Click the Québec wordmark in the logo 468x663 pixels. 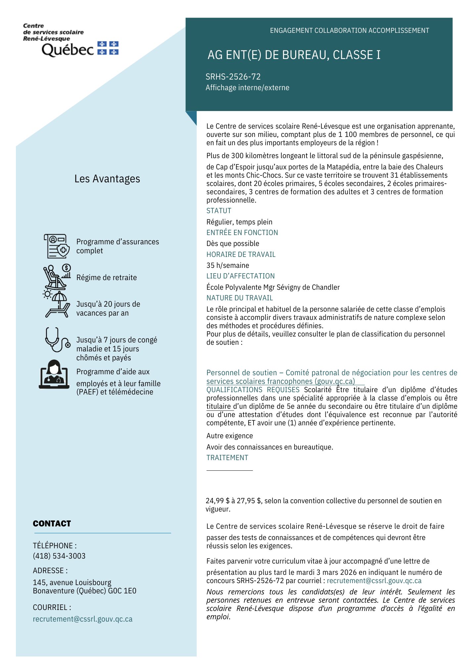(68, 50)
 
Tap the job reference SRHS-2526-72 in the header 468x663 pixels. (233, 77)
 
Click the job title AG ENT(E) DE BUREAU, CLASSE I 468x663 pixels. (294, 55)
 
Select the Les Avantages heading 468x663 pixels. (107, 179)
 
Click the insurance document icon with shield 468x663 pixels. (57, 246)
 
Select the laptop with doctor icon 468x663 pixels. (54, 374)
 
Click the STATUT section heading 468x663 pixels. (219, 211)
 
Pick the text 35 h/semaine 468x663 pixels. (228, 266)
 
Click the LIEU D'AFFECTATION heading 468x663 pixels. (241, 276)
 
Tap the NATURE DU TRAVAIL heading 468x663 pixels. (240, 298)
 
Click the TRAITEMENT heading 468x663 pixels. (227, 458)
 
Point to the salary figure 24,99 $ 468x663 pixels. (217, 501)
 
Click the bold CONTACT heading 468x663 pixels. (52, 524)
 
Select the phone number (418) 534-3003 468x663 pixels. (59, 556)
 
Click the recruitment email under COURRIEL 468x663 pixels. (83, 619)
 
